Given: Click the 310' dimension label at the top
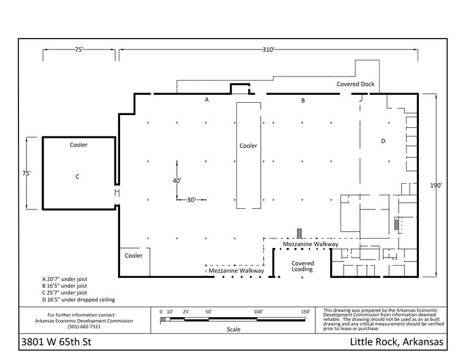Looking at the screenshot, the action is (x=268, y=50).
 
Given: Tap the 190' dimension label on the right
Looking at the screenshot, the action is (x=436, y=186).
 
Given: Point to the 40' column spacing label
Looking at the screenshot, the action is (x=177, y=181).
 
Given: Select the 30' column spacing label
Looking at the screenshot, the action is (x=191, y=200).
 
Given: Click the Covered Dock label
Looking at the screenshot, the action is (x=355, y=84).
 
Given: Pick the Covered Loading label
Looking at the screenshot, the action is (x=303, y=266).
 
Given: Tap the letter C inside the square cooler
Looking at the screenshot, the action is (x=77, y=177).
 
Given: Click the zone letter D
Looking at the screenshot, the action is (x=383, y=141).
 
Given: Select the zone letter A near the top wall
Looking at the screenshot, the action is (x=207, y=100).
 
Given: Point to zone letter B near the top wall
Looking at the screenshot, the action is (x=303, y=100).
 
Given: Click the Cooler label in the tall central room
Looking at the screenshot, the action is (x=248, y=146).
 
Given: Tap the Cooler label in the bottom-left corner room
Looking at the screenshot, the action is (x=133, y=256).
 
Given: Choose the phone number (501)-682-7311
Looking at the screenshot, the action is (x=84, y=327).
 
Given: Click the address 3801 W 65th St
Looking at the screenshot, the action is (x=56, y=342).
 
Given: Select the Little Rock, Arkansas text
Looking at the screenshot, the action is (x=396, y=342).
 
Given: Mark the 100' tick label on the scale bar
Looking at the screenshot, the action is (x=258, y=312).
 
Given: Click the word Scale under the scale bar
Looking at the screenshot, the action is (x=233, y=329).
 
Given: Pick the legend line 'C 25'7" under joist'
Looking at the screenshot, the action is (x=64, y=293).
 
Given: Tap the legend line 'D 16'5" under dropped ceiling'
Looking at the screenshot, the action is (x=78, y=300).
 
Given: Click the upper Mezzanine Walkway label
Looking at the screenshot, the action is (x=310, y=244).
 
